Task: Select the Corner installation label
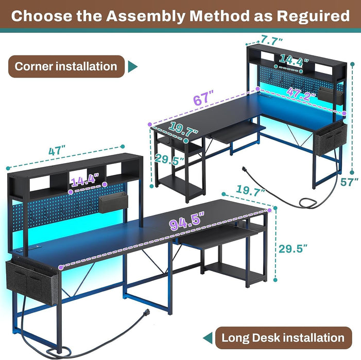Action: [66, 66]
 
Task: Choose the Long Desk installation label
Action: [283, 338]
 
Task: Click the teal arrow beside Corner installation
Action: [133, 66]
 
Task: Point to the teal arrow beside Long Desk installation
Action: [208, 338]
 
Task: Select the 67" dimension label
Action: [202, 98]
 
